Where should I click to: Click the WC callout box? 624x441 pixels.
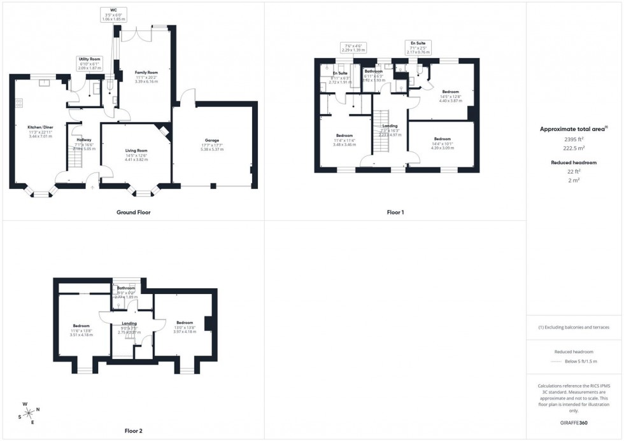click(113, 15)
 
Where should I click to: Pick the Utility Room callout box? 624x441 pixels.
click(90, 62)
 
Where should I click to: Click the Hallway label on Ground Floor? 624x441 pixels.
click(83, 143)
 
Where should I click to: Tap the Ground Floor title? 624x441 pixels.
click(134, 212)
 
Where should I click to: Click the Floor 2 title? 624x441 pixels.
click(134, 431)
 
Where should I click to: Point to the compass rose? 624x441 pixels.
click(29, 412)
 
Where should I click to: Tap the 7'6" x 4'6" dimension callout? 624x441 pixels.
click(353, 49)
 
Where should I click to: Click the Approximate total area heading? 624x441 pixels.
click(574, 129)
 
